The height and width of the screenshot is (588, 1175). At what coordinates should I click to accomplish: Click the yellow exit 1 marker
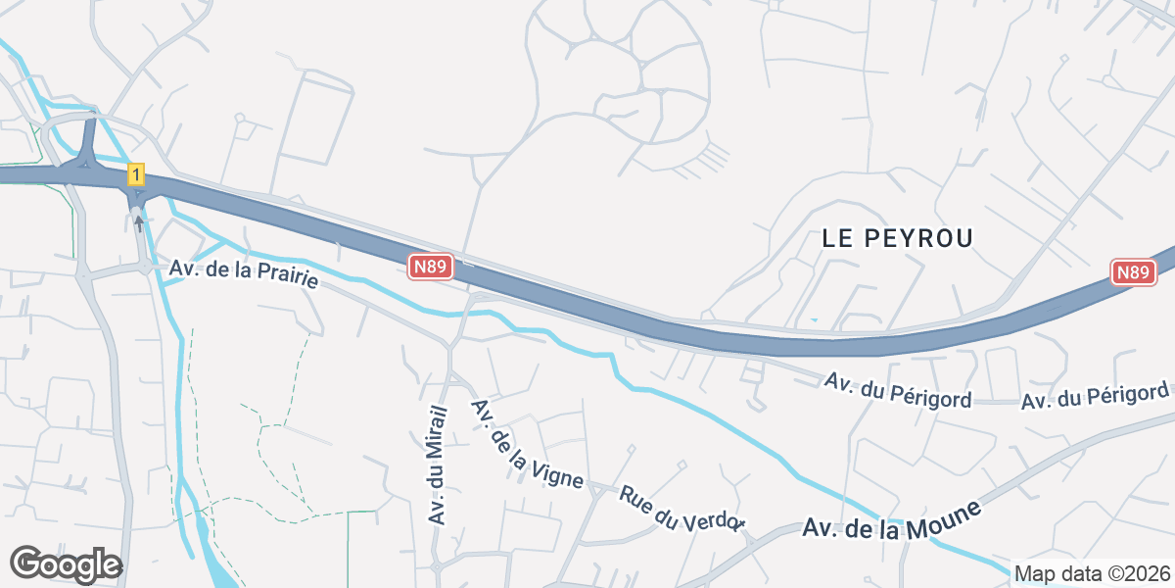(136, 175)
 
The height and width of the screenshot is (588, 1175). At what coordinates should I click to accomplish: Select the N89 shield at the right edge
(1133, 273)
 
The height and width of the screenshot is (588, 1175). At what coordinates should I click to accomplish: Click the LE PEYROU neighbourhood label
(898, 237)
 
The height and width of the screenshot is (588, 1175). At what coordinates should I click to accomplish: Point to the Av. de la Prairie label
(244, 273)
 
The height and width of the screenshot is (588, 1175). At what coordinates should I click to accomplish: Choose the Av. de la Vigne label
(527, 445)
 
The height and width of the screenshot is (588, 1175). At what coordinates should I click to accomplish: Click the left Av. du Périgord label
(898, 389)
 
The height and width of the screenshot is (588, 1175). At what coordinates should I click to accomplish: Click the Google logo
(66, 564)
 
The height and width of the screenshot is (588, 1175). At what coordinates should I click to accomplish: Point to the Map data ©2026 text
(1091, 573)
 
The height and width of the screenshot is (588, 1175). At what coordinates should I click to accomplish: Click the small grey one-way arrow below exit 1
(139, 223)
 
